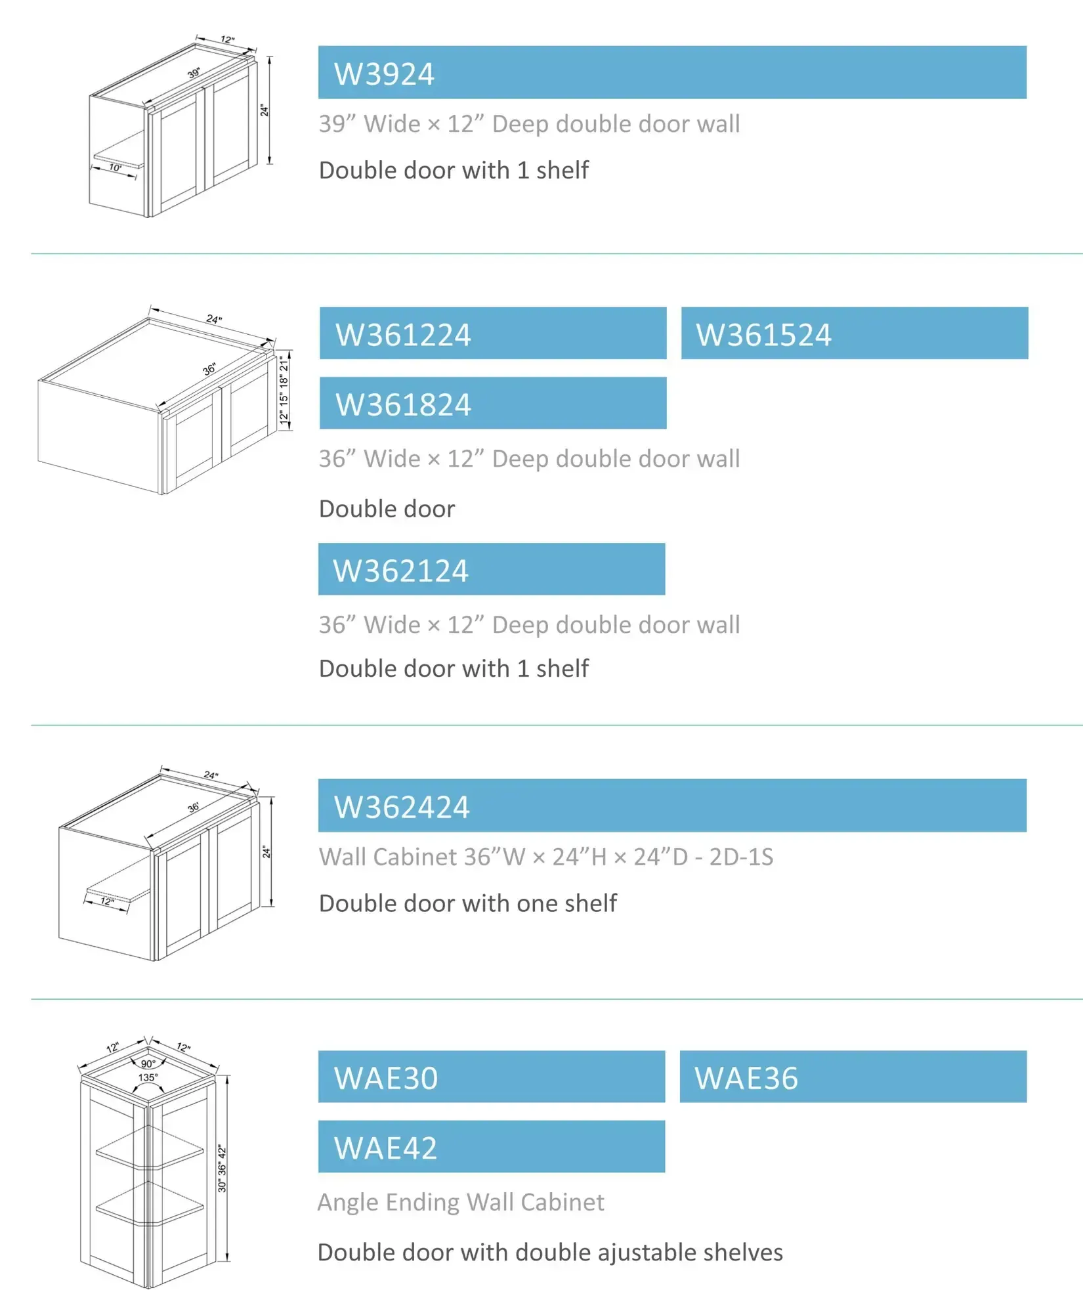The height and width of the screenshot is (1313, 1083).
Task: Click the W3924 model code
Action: pos(384,74)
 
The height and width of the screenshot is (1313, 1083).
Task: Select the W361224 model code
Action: pos(403,335)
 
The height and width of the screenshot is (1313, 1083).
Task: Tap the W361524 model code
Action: pos(763,335)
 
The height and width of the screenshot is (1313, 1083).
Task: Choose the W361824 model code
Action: pos(403,404)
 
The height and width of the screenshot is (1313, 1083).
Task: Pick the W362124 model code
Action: pos(400,570)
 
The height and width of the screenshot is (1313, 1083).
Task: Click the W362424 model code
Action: pos(402,807)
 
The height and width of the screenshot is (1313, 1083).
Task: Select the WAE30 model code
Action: pos(386,1079)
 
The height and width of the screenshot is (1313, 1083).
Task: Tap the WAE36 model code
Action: pos(746,1079)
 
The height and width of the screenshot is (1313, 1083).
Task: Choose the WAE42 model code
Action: pos(386,1148)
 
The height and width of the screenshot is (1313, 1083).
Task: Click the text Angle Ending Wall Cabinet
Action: pos(461,1202)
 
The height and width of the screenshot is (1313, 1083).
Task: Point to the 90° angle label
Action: pos(148,1064)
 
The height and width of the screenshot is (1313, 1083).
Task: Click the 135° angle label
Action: pos(148,1077)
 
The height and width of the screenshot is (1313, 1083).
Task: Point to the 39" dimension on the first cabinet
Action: pos(194,73)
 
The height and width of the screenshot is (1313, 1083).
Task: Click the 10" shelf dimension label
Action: pos(116,168)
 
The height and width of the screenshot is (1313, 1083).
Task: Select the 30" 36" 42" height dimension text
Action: pos(222,1169)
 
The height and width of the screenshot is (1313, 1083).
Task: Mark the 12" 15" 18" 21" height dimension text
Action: pos(284,390)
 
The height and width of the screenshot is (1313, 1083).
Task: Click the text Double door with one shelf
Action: pos(468,903)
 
